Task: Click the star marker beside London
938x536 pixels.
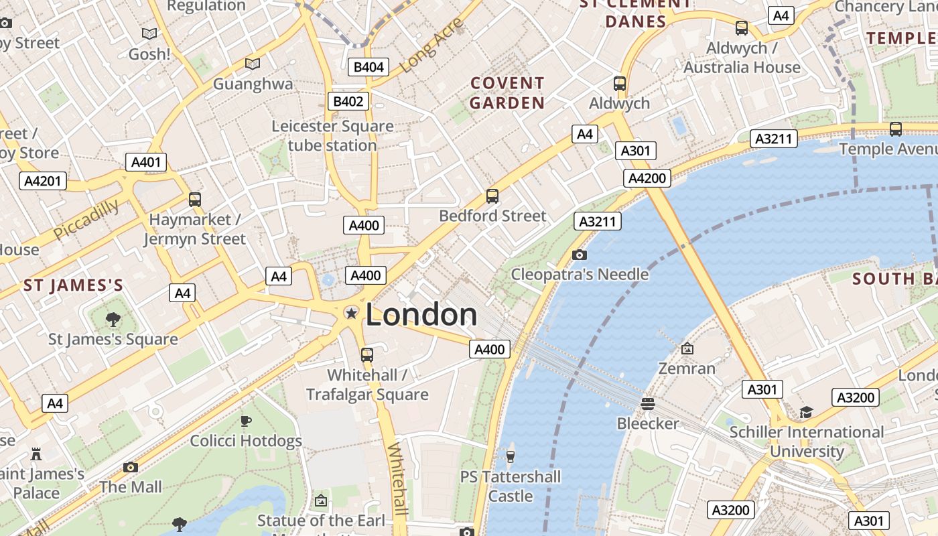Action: [x=350, y=313]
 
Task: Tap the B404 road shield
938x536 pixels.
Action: [x=368, y=67]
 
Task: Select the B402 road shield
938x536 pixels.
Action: [x=348, y=102]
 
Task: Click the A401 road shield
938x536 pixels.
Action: [x=146, y=162]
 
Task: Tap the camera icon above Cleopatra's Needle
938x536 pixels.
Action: [x=580, y=255]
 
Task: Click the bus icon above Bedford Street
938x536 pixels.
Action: [x=492, y=196]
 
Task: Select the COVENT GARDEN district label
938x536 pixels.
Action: [x=507, y=93]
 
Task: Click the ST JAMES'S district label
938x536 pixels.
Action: [x=74, y=286]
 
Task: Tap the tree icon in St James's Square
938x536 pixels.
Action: [x=113, y=320]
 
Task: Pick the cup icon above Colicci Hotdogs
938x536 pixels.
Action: [x=246, y=421]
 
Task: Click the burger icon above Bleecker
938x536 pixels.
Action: [x=647, y=404]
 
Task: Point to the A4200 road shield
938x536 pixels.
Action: [x=647, y=178]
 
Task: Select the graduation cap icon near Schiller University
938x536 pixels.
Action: [x=806, y=412]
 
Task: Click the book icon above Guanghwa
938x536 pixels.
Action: [x=253, y=64]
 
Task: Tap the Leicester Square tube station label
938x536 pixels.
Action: [x=332, y=135]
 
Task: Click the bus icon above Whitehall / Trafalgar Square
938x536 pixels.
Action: [x=367, y=354]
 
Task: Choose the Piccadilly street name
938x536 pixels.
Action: [x=86, y=219]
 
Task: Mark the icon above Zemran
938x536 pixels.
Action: [x=687, y=348]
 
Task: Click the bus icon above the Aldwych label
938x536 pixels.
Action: [x=620, y=84]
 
